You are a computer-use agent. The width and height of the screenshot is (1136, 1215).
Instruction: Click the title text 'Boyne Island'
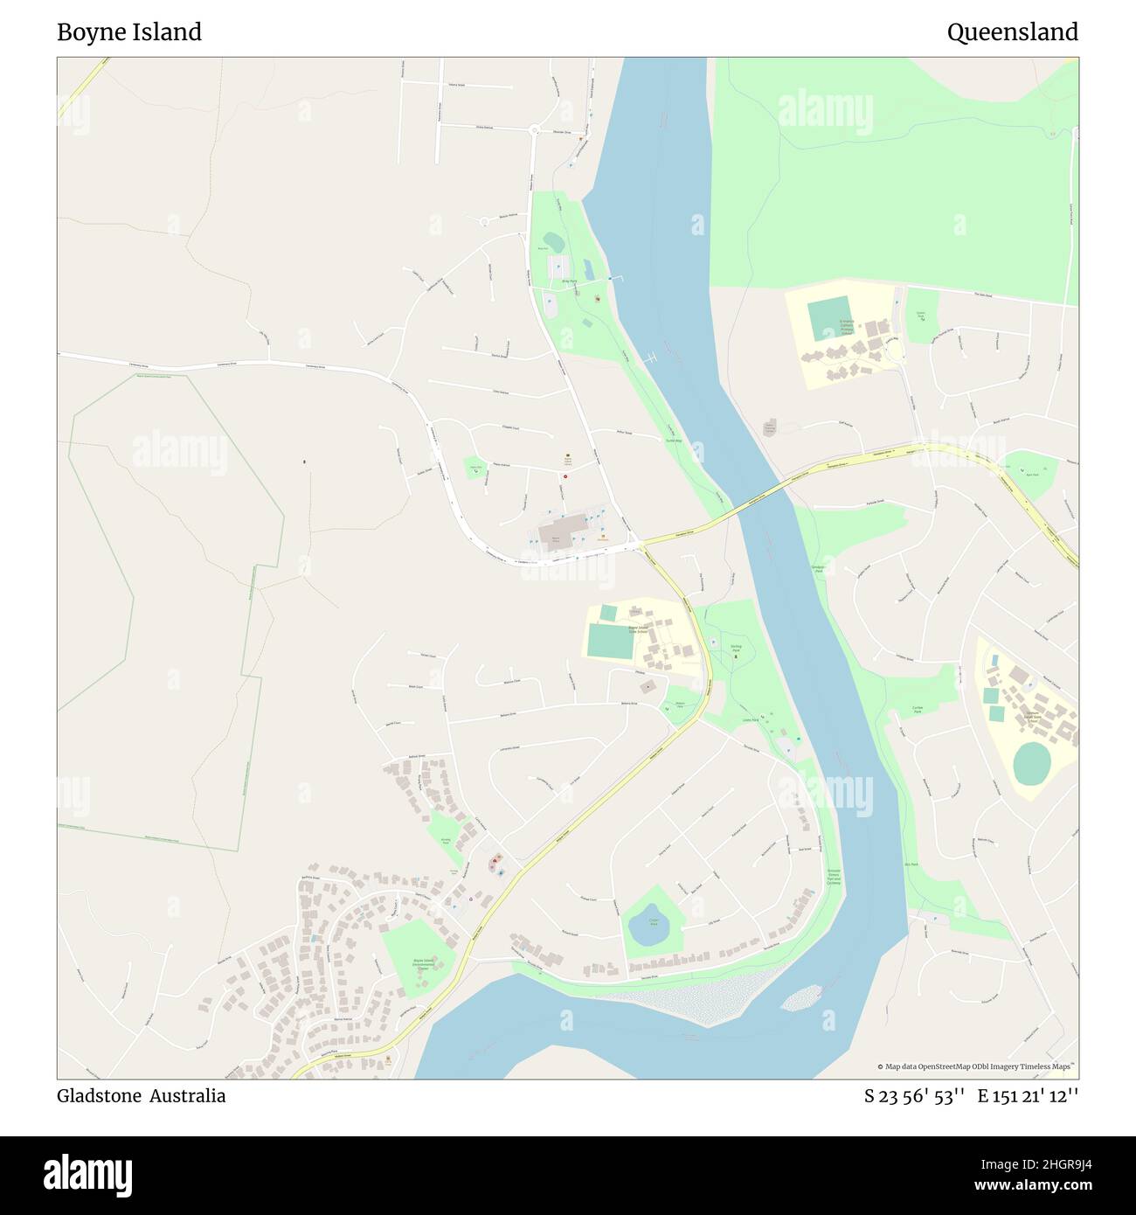pyautogui.click(x=129, y=32)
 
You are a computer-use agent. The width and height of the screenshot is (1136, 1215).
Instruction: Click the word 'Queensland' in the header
pyautogui.click(x=1012, y=32)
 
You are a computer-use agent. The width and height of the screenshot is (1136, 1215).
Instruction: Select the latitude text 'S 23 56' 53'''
pyautogui.click(x=914, y=1095)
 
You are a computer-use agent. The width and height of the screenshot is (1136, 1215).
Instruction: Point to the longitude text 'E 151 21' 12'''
pyautogui.click(x=1028, y=1095)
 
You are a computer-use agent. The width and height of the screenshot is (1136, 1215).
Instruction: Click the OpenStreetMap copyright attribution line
pyautogui.click(x=975, y=1066)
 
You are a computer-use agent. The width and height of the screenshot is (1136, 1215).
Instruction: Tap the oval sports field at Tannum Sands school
pyautogui.click(x=1032, y=763)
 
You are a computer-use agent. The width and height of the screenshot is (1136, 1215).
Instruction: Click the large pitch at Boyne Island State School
pyautogui.click(x=611, y=642)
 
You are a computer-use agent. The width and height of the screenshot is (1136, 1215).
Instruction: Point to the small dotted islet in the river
pyautogui.click(x=801, y=997)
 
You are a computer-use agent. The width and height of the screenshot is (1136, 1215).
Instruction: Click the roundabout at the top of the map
pyautogui.click(x=534, y=131)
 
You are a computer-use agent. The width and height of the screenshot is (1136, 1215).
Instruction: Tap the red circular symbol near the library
pyautogui.click(x=566, y=476)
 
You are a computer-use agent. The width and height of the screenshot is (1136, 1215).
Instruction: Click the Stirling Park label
pyautogui.click(x=736, y=648)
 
